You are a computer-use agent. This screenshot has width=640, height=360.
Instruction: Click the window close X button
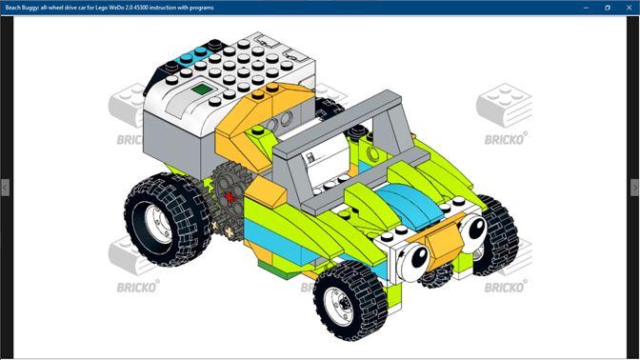(x=629, y=8)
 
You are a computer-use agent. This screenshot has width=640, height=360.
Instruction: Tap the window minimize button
(x=586, y=8)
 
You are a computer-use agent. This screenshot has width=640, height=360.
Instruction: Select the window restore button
(x=608, y=8)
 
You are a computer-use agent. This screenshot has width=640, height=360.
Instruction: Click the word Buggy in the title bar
(x=30, y=8)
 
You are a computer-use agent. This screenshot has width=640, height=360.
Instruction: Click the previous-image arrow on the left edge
(x=5, y=188)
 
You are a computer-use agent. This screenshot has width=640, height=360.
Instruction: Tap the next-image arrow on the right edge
(x=634, y=188)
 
